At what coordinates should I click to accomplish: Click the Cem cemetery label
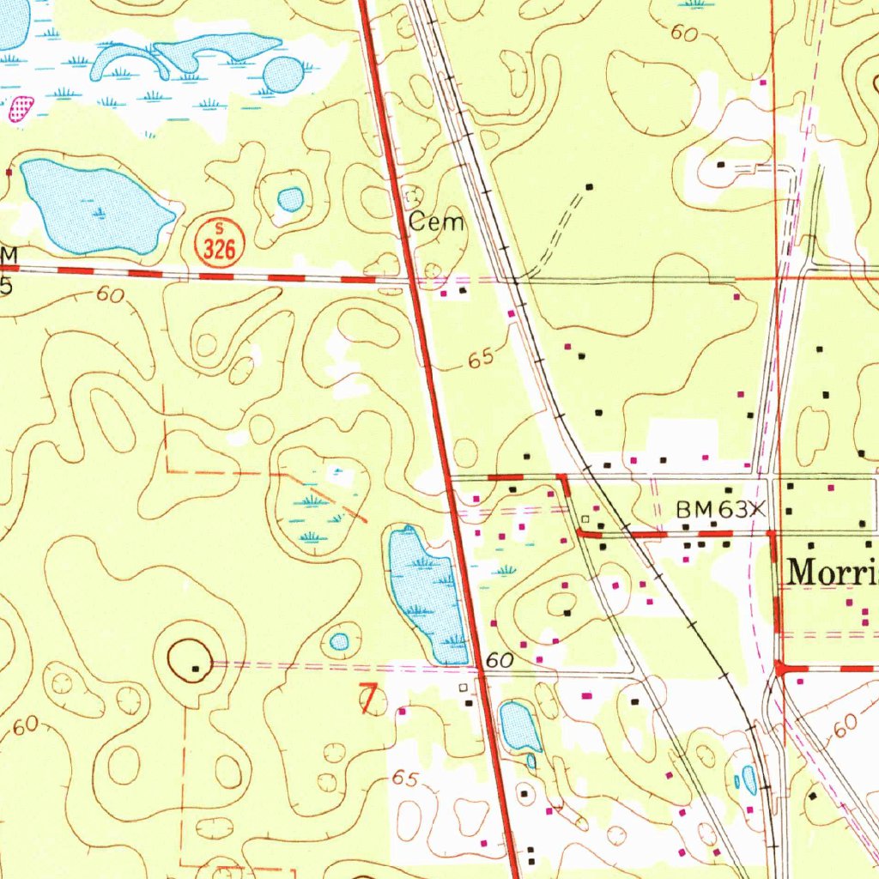[x=436, y=223]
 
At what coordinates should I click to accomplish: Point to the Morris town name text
[x=831, y=571]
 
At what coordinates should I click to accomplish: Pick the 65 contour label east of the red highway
[x=482, y=359]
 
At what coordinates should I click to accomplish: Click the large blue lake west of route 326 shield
[x=93, y=207]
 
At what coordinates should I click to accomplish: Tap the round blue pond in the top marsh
[x=283, y=75]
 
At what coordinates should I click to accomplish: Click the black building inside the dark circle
[x=197, y=667]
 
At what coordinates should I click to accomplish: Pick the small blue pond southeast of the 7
[x=518, y=726]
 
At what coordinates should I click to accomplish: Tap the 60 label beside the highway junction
[x=497, y=661]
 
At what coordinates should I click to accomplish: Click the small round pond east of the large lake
[x=291, y=200]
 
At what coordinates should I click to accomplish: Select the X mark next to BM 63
[x=755, y=509]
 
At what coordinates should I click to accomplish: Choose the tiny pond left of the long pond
[x=340, y=641]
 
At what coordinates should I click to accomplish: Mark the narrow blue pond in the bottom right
[x=749, y=779]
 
